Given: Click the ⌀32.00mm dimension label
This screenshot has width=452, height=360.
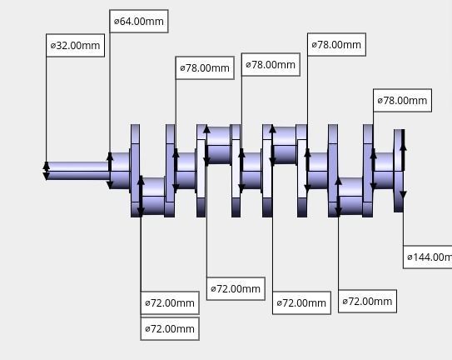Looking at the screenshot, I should pos(76,46).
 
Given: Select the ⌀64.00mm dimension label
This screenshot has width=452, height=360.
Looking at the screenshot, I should pos(139,21).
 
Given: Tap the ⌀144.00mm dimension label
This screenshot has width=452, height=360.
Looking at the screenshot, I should pos(428,257).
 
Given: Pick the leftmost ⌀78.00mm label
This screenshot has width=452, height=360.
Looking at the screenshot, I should pos(205,68).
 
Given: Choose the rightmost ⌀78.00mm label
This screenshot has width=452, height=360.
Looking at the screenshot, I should pos(402,101).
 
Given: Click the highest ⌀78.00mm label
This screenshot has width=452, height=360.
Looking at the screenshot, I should pos(336,45).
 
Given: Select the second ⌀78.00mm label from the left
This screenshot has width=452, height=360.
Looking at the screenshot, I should pos(271,65).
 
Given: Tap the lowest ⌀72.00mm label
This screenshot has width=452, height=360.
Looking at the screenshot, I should pos(170,329).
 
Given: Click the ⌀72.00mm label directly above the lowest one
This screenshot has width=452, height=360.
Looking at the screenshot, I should pos(170,303).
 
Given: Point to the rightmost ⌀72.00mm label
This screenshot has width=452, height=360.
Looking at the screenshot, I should pos(367,302).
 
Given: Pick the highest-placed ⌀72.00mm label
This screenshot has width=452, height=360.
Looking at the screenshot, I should pos(236,289).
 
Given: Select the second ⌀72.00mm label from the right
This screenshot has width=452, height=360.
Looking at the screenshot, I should pos(301,303).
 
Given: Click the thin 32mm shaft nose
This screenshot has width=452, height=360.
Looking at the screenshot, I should pos(77,170).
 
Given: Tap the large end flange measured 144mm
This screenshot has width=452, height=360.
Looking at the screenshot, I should pos(399,171).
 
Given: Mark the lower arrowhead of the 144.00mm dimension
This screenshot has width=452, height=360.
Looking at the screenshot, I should pos(403,195).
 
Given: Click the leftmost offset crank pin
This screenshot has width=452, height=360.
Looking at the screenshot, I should pos(153,195).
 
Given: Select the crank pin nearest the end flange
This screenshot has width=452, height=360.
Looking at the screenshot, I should pos(350,195).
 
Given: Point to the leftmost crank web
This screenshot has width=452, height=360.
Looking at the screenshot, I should pos(135,171).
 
